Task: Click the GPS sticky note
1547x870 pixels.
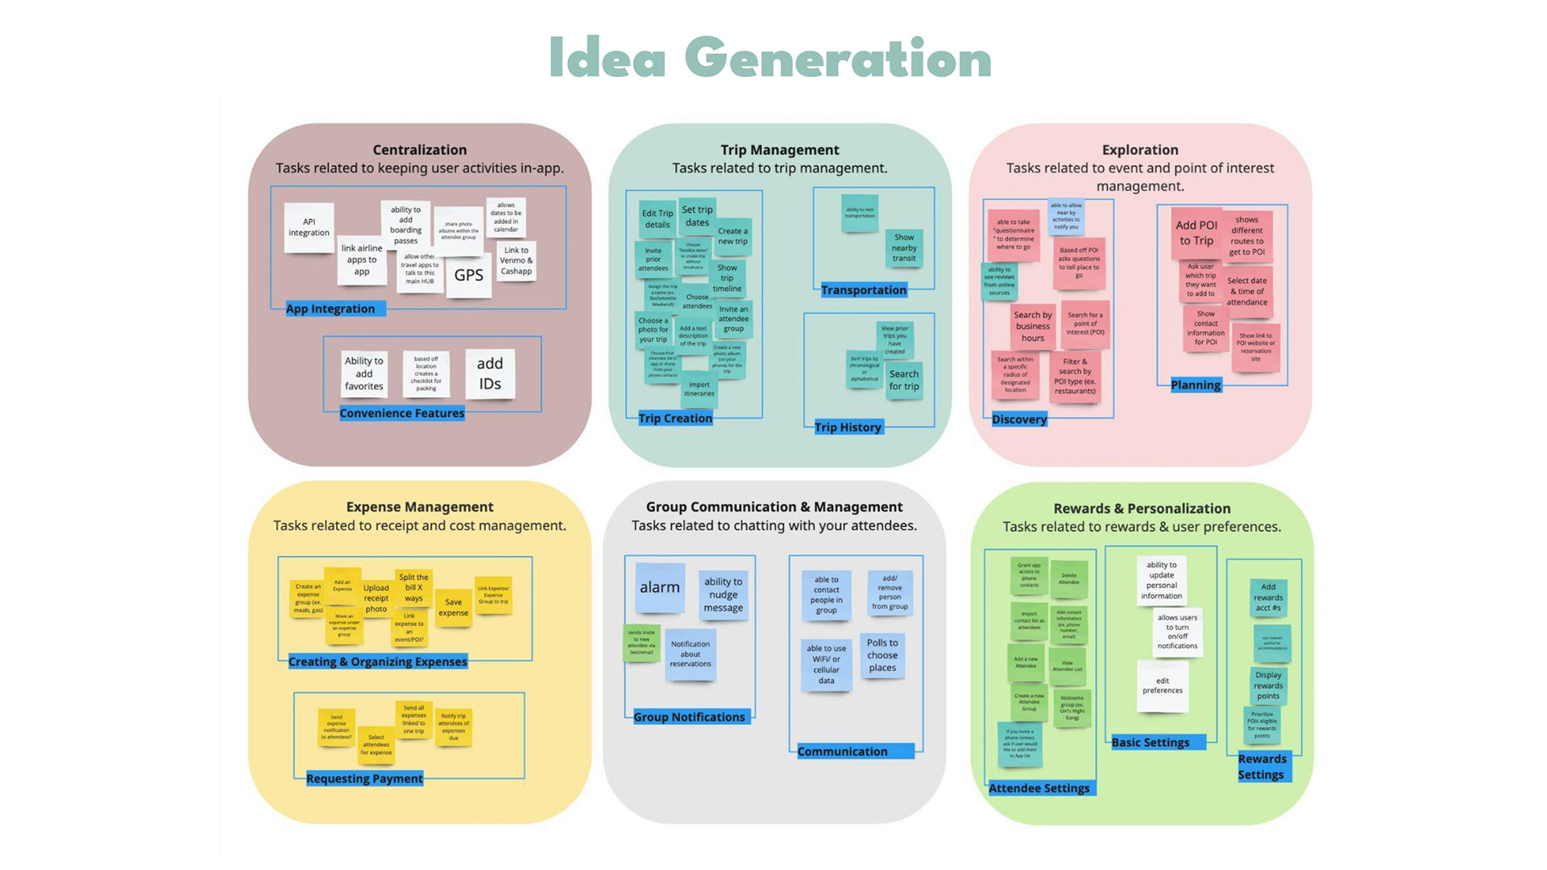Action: tap(468, 275)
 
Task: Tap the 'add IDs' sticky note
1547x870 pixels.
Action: tap(490, 374)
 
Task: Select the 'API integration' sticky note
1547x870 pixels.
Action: tap(309, 227)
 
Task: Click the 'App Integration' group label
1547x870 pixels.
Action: tap(330, 309)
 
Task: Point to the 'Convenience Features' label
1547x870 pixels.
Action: tap(401, 413)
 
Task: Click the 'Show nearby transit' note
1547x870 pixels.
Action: tap(904, 248)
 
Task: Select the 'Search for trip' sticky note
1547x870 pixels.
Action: tap(904, 380)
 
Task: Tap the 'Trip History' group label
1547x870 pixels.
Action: tap(848, 427)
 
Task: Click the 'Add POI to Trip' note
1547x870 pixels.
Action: tap(1197, 233)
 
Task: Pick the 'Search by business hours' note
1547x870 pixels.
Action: tap(1033, 326)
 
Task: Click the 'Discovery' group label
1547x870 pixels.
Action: tap(1019, 419)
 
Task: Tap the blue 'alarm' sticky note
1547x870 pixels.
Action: tap(660, 588)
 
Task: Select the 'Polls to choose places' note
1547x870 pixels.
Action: tap(882, 655)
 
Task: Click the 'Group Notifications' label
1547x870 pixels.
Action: tap(689, 717)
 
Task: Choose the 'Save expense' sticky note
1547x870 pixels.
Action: tap(454, 607)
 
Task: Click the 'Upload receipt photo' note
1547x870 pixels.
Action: tap(376, 599)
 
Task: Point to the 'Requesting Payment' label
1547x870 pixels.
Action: tap(364, 778)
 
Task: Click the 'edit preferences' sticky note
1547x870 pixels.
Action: tap(1163, 686)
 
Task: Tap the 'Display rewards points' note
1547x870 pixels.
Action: tap(1268, 686)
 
